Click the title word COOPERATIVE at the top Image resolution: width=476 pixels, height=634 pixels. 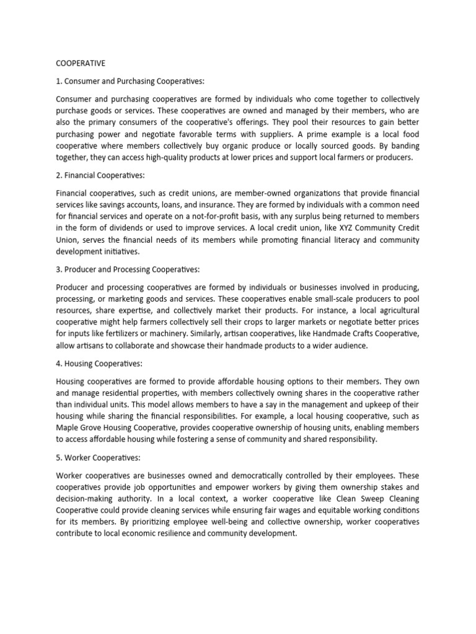[81, 63]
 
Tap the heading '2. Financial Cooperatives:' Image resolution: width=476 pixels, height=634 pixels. [103, 176]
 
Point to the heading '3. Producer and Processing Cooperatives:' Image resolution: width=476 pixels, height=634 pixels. [128, 270]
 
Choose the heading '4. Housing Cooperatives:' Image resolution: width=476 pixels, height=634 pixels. [100, 364]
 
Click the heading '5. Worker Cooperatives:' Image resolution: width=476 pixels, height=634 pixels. [99, 458]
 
